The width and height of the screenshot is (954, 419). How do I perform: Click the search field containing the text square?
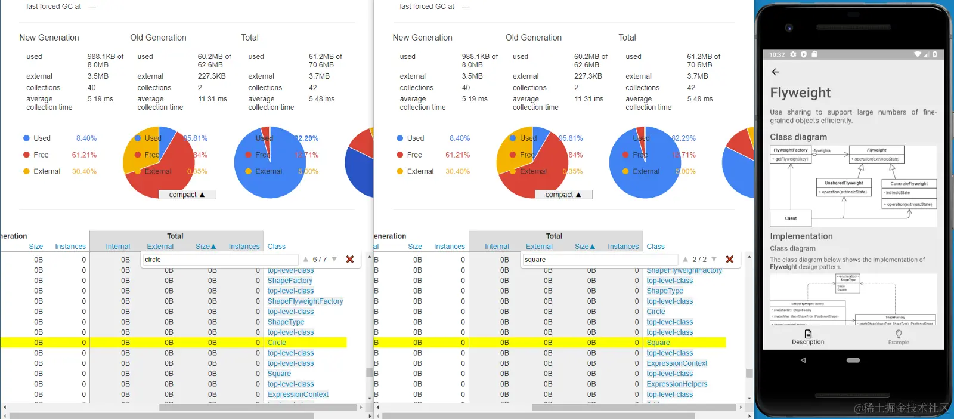[x=599, y=260]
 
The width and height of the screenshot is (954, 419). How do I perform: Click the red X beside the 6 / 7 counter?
[x=350, y=259]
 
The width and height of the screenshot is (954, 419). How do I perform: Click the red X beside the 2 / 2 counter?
[x=729, y=259]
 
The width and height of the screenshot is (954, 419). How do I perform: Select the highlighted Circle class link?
[x=277, y=343]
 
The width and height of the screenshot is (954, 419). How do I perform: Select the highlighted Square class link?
[x=658, y=343]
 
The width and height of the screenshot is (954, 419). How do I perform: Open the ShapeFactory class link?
[x=290, y=281]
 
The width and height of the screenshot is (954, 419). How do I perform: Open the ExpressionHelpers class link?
[x=677, y=384]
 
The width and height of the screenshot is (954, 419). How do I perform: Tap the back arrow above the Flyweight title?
[x=775, y=72]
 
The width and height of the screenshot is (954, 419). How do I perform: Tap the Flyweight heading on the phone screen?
[x=800, y=93]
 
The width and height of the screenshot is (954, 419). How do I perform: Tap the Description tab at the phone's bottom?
[x=808, y=337]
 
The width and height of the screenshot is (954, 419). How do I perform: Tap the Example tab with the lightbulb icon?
[x=899, y=337]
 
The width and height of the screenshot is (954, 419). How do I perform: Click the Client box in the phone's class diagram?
[x=791, y=218]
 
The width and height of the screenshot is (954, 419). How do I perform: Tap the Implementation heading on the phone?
[x=801, y=236]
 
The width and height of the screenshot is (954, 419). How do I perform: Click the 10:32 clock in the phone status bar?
[x=777, y=54]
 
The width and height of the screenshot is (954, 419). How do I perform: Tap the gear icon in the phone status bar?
[x=793, y=54]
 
